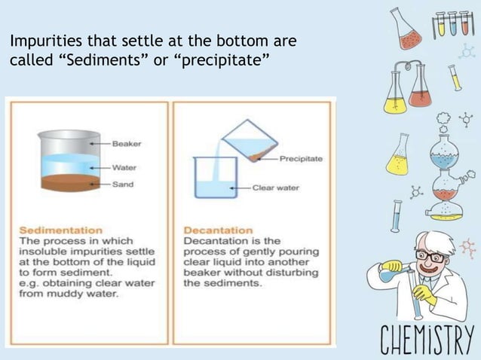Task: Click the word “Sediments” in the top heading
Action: point(99,59)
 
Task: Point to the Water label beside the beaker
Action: point(122,167)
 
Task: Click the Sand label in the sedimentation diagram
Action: point(121,185)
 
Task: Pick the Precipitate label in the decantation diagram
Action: point(301,159)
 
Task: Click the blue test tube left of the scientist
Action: point(396,215)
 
